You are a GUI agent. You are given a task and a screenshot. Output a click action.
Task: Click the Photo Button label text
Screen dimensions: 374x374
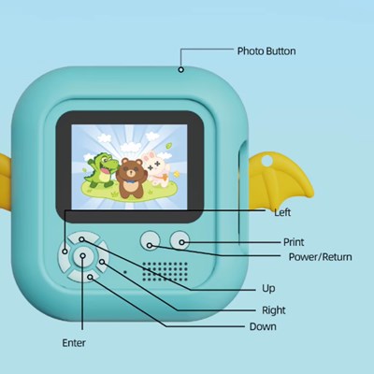[x=266, y=51]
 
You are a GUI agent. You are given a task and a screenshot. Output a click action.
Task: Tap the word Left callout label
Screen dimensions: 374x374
[x=282, y=212]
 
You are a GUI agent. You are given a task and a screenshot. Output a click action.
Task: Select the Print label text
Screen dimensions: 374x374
[x=294, y=242]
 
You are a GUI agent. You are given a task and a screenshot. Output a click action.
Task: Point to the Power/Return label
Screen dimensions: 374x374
[x=320, y=257]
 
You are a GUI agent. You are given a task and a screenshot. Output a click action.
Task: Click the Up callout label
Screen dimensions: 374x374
[x=268, y=289]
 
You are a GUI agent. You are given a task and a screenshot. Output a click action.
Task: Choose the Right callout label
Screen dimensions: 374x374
[x=274, y=310]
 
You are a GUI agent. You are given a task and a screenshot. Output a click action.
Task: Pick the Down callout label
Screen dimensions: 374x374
[x=263, y=326]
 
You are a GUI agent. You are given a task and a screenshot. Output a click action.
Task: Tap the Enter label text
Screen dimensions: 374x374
[x=74, y=343]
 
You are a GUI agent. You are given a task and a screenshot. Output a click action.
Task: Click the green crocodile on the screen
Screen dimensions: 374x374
[x=101, y=170]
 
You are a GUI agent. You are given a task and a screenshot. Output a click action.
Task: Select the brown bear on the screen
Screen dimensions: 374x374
[x=129, y=178]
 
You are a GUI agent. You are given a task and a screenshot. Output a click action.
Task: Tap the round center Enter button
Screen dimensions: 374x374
[x=83, y=256]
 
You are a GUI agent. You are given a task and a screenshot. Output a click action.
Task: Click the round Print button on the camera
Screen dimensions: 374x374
[x=180, y=240]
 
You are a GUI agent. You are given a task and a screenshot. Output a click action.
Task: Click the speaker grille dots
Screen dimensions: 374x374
[x=165, y=271]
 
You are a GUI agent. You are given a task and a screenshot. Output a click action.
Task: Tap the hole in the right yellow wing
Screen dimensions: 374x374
[x=266, y=161]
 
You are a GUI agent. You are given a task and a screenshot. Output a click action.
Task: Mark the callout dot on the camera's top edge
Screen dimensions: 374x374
[x=180, y=70]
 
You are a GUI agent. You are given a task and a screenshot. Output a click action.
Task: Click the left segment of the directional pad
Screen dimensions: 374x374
[x=64, y=252]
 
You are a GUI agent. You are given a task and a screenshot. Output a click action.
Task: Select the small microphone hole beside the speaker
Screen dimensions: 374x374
[x=125, y=272]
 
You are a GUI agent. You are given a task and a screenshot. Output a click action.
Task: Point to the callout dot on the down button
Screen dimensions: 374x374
[x=91, y=277]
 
